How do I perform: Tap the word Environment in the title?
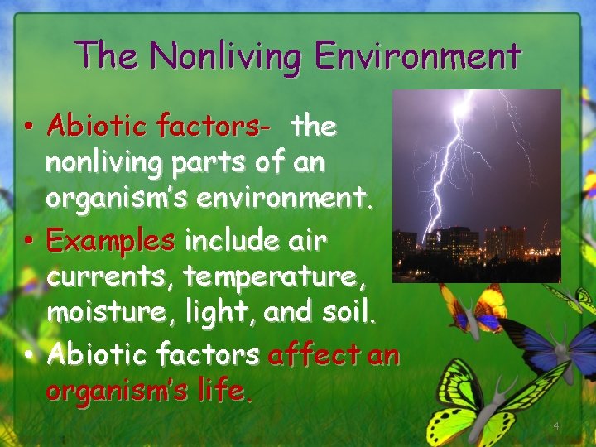point(417,56)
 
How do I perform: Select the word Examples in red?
point(111,241)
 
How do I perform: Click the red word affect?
point(313,355)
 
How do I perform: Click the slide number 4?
point(556,425)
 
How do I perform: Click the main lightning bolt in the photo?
point(447,166)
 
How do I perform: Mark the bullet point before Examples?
point(28,241)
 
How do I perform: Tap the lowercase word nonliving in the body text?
point(103,163)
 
